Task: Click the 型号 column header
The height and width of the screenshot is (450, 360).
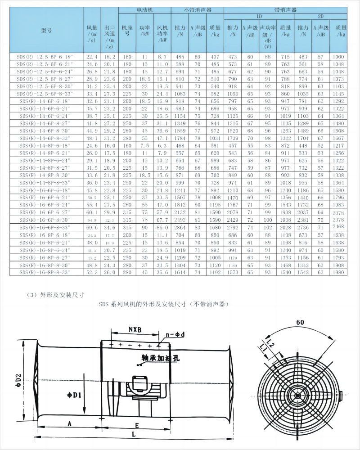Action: pyautogui.click(x=46, y=31)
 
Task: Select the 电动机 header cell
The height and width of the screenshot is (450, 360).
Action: pyautogui.click(x=144, y=9)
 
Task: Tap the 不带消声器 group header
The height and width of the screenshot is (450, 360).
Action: pyautogui.click(x=197, y=9)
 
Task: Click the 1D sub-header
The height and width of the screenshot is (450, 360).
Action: pyautogui.click(x=259, y=16)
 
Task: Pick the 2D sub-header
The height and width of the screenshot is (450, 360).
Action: pyautogui.click(x=321, y=16)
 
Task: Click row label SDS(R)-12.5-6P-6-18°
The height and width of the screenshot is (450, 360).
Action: pyautogui.click(x=47, y=57)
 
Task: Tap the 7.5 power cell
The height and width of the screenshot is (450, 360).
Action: pyautogui.click(x=144, y=145)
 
